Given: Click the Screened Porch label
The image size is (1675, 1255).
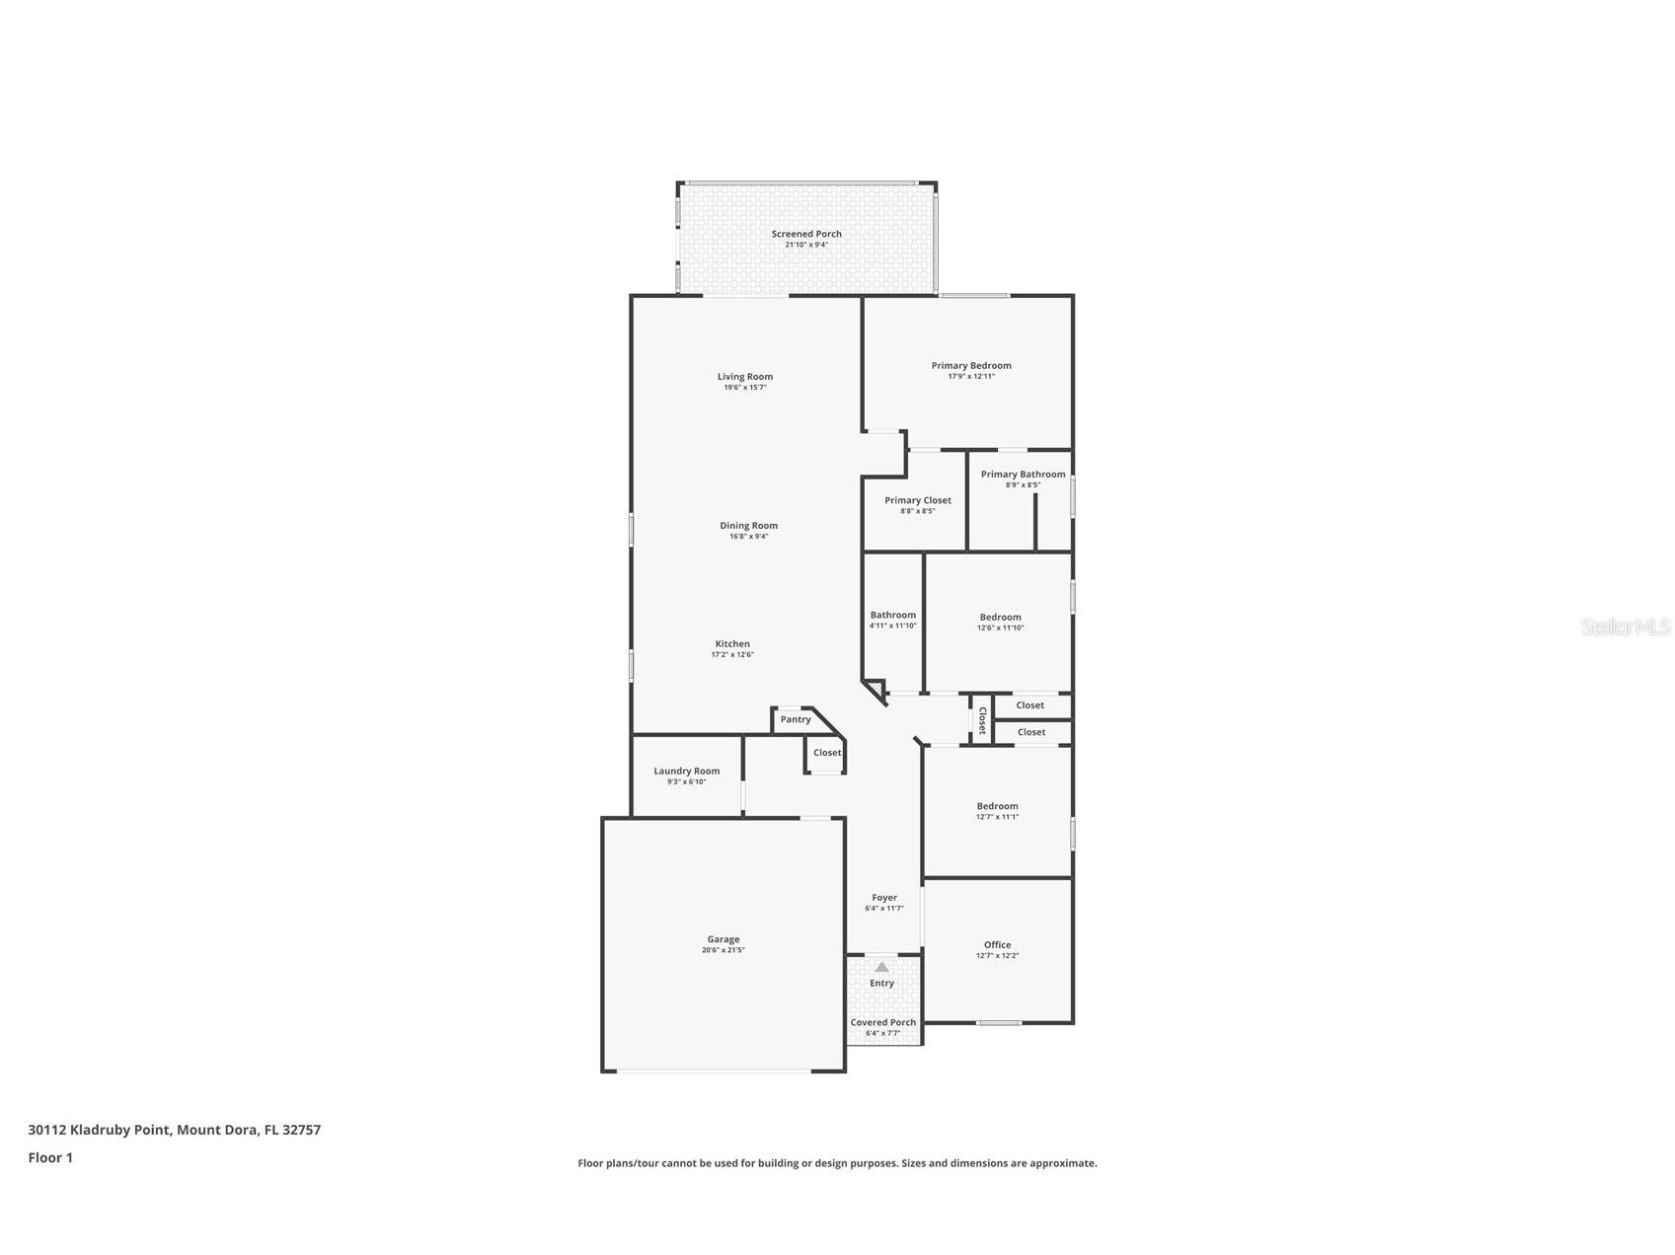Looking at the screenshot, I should click(x=806, y=234).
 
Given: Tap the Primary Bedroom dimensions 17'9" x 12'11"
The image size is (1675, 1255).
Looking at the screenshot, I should click(x=971, y=376).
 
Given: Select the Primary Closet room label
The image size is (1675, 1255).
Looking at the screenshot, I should click(x=917, y=500).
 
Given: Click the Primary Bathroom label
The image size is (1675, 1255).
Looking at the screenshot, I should click(x=1023, y=475).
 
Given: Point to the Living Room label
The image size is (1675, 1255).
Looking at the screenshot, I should click(x=745, y=376).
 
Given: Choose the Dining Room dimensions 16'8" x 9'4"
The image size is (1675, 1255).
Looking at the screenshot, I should click(x=748, y=537).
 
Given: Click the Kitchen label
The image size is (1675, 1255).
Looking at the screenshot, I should click(x=732, y=643).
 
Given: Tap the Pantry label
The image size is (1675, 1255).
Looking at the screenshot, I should click(x=796, y=719).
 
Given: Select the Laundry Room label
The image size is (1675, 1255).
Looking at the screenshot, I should click(x=686, y=771).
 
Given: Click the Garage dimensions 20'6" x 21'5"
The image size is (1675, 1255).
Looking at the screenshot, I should click(x=723, y=950).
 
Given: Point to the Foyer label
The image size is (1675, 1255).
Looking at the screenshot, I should click(x=883, y=898).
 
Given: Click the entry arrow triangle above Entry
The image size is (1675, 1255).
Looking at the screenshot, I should click(x=881, y=968).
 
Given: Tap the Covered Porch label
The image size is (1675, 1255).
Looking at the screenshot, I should click(x=882, y=1022).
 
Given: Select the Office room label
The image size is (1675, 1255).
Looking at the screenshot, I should click(x=997, y=944).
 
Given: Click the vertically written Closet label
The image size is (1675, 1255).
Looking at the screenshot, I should click(x=982, y=720).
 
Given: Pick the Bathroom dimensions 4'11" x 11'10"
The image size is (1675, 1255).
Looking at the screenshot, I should click(x=892, y=626).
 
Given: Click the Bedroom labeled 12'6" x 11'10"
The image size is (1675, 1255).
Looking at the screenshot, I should click(x=1000, y=617).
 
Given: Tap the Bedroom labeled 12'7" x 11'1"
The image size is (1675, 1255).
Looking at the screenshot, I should click(x=997, y=806).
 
